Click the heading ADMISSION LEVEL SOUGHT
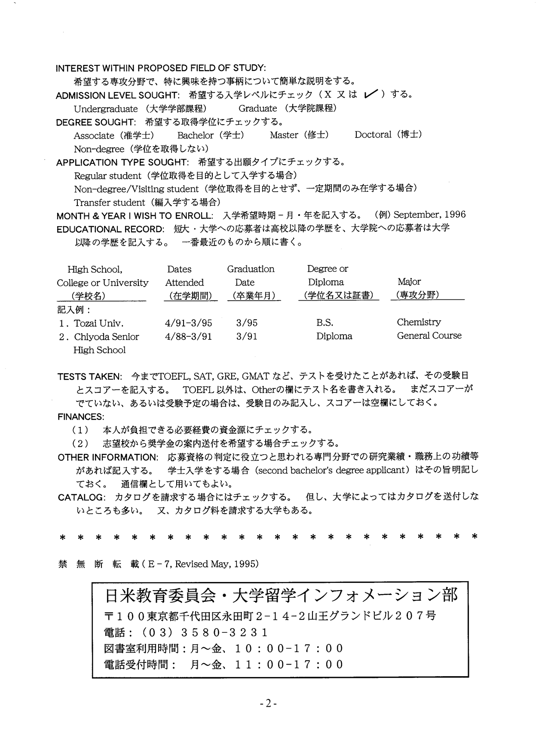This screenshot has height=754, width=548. click(x=117, y=95)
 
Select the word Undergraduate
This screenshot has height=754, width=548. click(x=106, y=109)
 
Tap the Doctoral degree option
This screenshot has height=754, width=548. click(x=373, y=135)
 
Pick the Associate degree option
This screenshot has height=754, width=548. click(x=94, y=136)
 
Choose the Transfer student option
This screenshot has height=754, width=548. click(x=110, y=203)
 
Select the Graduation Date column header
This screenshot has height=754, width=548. click(x=251, y=275)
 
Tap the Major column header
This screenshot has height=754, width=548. click(x=409, y=282)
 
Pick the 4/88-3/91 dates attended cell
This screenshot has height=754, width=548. click(x=188, y=336)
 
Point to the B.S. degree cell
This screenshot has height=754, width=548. click(x=325, y=323)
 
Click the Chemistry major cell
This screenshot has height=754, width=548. click(x=419, y=322)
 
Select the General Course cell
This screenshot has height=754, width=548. click(x=429, y=335)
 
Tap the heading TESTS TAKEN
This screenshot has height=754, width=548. click(x=90, y=377)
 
